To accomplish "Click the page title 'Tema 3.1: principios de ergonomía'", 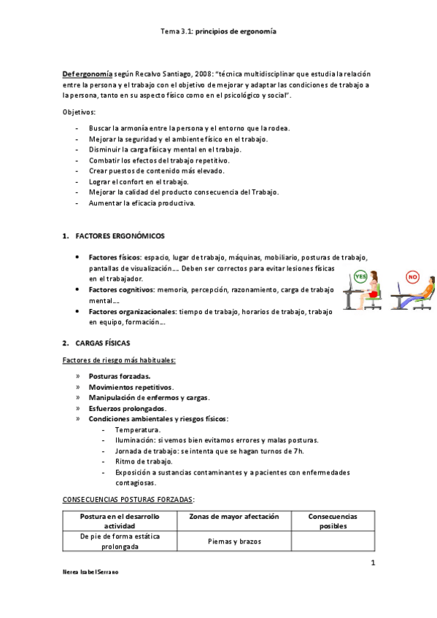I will pyautogui.click(x=218, y=32).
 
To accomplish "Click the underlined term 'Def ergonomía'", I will pyautogui.click(x=87, y=74).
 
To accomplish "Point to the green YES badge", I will pyautogui.click(x=360, y=277).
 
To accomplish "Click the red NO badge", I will pyautogui.click(x=413, y=277).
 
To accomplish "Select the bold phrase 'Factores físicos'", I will pyautogui.click(x=115, y=258).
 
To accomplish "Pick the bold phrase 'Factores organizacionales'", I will pyautogui.click(x=133, y=311).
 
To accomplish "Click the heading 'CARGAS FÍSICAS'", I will pyautogui.click(x=109, y=343).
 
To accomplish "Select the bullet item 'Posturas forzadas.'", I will pyautogui.click(x=120, y=376).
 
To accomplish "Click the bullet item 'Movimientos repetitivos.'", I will pyautogui.click(x=131, y=387).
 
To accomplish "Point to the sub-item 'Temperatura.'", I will pyautogui.click(x=136, y=430).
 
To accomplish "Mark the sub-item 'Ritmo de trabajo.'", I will pyautogui.click(x=144, y=461).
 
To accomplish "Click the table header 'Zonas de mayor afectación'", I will pyautogui.click(x=233, y=517).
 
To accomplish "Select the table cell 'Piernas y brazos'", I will pyautogui.click(x=233, y=541).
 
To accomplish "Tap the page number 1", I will pyautogui.click(x=372, y=563).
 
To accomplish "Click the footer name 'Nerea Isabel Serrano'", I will pyautogui.click(x=91, y=573).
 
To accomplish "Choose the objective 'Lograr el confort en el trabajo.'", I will pyautogui.click(x=139, y=181).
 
